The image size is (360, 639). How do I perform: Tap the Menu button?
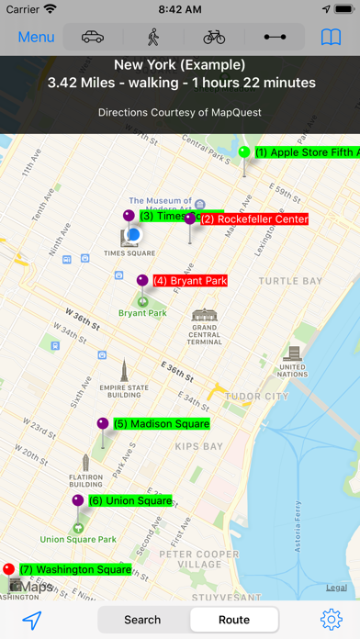[x=37, y=38]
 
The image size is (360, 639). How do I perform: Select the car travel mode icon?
[x=93, y=38]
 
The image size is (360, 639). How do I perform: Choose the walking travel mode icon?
[x=153, y=38]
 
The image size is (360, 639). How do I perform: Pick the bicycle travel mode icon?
[x=214, y=38]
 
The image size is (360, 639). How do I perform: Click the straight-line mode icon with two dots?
[x=275, y=38]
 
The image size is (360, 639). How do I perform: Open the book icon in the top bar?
[x=331, y=38]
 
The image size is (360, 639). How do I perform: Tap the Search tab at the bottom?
[x=142, y=620]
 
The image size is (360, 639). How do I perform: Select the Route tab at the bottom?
[x=234, y=620]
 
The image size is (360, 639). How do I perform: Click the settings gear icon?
[x=331, y=620]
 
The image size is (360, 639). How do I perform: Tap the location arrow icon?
[x=32, y=621]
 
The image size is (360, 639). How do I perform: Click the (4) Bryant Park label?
[x=188, y=281]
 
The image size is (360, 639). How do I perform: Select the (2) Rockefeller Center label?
[x=253, y=219]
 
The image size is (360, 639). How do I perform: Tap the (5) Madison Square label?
[x=161, y=424]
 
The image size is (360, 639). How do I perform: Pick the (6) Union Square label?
[x=129, y=501]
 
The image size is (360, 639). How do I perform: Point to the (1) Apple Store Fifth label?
[x=306, y=152]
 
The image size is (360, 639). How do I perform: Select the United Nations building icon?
[x=293, y=353]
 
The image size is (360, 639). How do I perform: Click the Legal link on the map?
[x=336, y=588]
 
